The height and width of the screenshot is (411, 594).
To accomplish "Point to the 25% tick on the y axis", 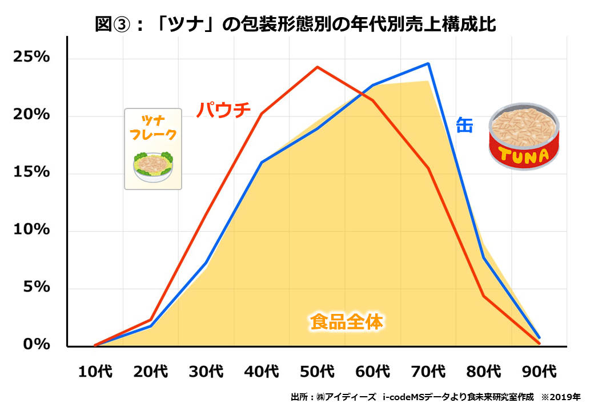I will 30,58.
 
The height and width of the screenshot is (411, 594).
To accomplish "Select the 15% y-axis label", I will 30,172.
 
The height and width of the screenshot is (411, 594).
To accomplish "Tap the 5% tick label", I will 35,287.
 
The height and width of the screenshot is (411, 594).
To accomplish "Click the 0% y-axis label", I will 35,345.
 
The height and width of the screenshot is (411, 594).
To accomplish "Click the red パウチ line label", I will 224,109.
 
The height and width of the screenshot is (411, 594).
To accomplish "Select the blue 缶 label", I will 464,124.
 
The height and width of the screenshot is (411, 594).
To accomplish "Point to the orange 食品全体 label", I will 346,322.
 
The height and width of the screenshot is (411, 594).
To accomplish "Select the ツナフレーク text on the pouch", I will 153,128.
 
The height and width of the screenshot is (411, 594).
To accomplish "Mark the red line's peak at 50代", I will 318,67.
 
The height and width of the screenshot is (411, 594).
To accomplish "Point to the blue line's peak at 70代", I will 428,63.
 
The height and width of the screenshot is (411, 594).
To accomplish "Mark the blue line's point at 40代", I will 262,162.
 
